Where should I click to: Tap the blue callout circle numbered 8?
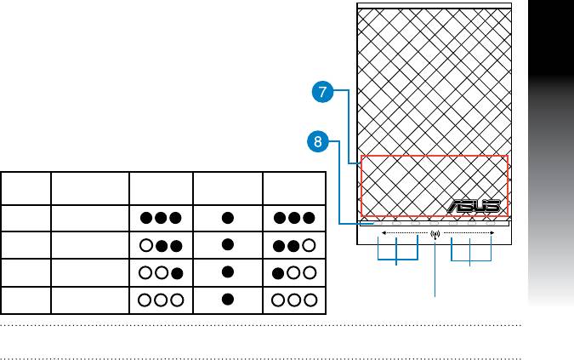coord(316,143)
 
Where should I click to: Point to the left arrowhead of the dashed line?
coord(383,232)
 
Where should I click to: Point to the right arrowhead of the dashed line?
coord(492,232)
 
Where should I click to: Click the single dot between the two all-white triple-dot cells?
coord(227,300)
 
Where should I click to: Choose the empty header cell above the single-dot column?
coord(227,188)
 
